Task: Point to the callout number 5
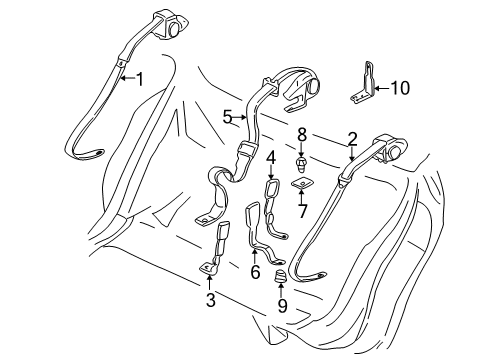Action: (x=229, y=117)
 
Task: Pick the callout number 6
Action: (x=255, y=271)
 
